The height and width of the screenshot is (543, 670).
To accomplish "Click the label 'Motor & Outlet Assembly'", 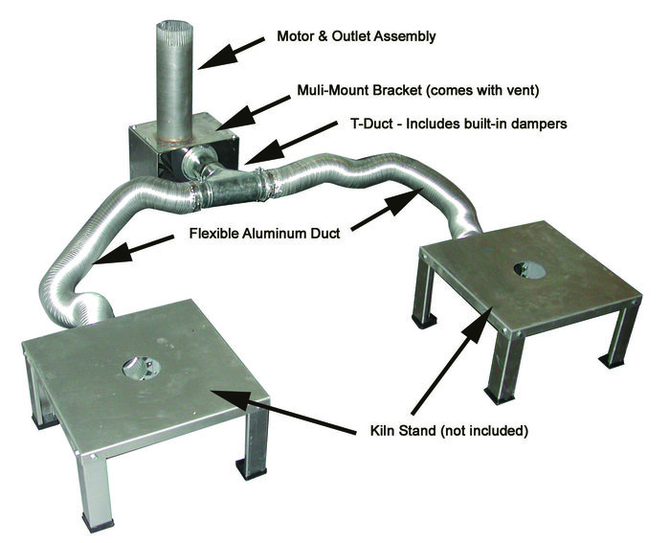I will (355, 37).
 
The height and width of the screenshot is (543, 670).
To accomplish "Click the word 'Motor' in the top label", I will (295, 37).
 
